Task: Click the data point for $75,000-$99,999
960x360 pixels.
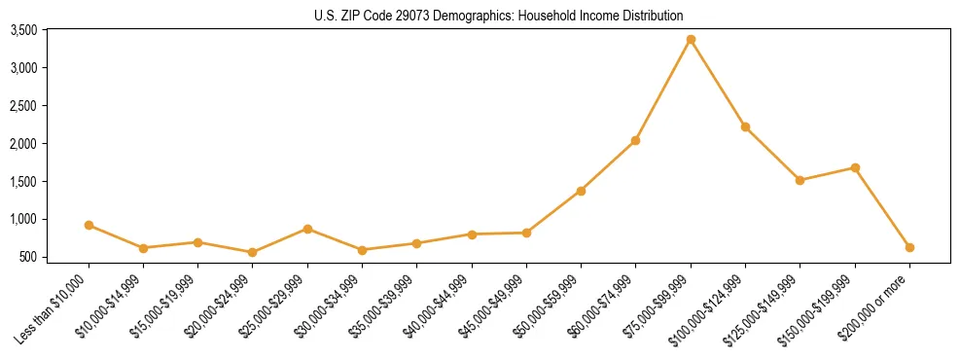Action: pos(691,39)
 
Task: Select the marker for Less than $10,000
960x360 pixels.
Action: pos(89,225)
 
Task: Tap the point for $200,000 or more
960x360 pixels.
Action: pos(909,247)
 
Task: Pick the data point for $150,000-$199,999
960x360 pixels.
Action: pos(855,167)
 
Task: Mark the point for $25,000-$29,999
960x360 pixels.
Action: pos(307,229)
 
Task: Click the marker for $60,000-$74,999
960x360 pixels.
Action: pos(635,140)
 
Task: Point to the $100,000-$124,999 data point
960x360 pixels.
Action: pos(745,126)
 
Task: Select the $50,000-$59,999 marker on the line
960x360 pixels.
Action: pos(581,191)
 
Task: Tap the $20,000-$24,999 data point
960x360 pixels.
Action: pos(253,252)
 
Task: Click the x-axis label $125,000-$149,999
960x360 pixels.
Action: pos(764,306)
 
